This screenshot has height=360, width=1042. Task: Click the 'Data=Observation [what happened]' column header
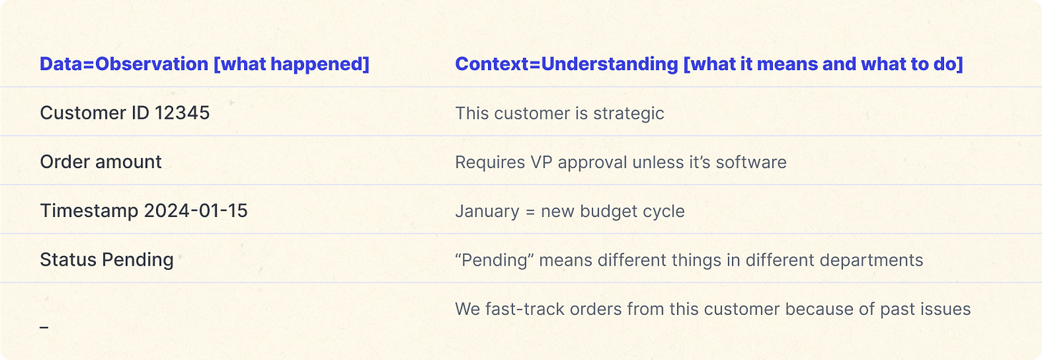tap(205, 64)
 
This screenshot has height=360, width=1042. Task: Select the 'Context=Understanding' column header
tap(709, 64)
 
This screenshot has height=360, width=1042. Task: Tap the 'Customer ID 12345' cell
tap(125, 113)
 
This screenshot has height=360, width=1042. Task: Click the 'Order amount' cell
tap(101, 162)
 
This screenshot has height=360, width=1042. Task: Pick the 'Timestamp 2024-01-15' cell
tap(144, 210)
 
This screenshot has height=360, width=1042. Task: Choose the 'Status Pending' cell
tap(107, 259)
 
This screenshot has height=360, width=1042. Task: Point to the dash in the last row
tap(44, 327)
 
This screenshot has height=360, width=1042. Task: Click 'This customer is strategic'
tap(560, 113)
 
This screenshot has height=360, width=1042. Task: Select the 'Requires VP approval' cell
tap(620, 162)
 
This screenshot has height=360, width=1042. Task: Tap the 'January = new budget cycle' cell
tap(570, 211)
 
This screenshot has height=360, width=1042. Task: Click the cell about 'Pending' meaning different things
tap(688, 260)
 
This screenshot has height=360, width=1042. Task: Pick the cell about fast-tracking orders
tap(713, 309)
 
